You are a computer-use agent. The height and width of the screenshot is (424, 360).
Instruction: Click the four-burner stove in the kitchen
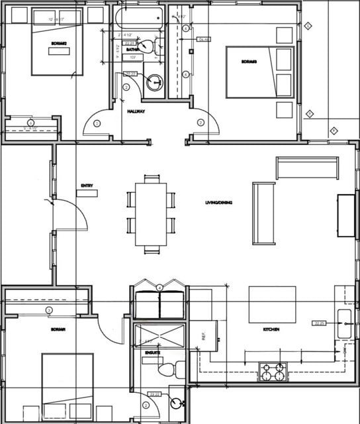[273, 373]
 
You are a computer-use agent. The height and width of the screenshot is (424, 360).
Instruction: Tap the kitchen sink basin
[344, 323]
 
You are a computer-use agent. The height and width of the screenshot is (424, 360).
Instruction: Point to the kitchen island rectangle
[272, 304]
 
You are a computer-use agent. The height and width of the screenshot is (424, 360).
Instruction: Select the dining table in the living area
[151, 214]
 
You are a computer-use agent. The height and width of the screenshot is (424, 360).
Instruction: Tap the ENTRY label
[86, 185]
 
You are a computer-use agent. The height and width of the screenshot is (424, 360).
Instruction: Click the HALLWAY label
[136, 111]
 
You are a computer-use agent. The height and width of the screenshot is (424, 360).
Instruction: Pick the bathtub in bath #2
[139, 18]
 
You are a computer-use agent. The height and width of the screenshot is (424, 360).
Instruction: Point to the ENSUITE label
[152, 352]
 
